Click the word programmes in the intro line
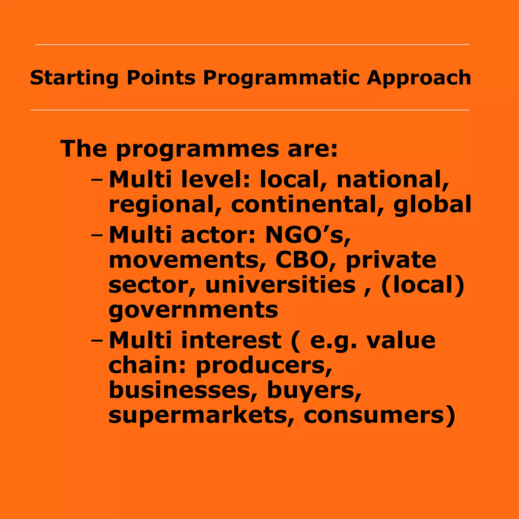pyautogui.click(x=197, y=150)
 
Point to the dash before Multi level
pyautogui.click(x=97, y=179)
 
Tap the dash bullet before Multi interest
pyautogui.click(x=97, y=340)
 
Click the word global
pyautogui.click(x=432, y=205)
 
